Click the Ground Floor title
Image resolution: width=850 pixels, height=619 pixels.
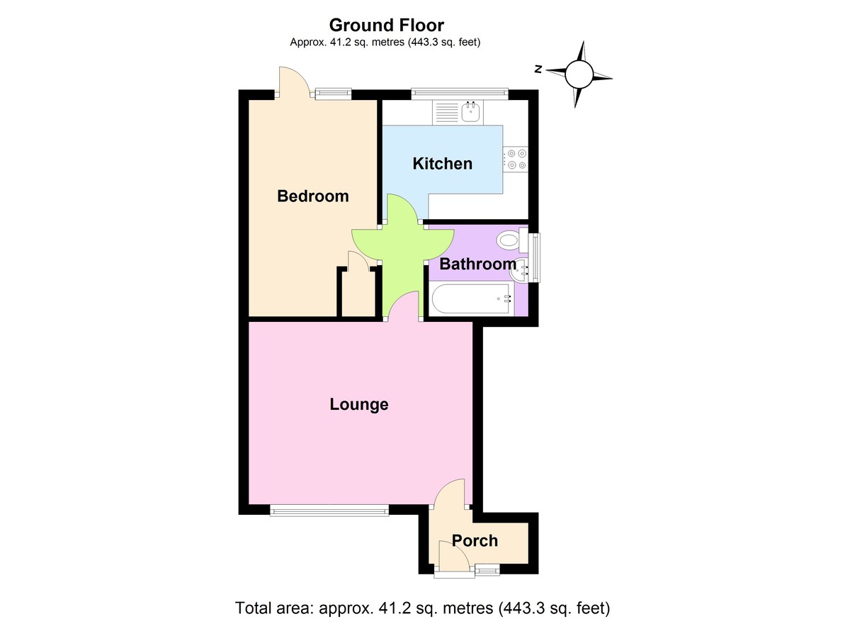click(x=386, y=26)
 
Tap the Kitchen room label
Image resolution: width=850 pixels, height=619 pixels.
click(x=442, y=164)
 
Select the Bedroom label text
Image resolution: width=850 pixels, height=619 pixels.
click(x=312, y=196)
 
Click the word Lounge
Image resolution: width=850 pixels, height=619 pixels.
click(x=359, y=405)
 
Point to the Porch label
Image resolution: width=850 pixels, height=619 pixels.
click(x=475, y=541)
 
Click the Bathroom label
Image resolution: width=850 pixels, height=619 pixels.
click(x=477, y=264)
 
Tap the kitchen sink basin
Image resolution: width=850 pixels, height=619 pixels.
click(x=470, y=111)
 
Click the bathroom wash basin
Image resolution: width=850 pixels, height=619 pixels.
click(x=523, y=269)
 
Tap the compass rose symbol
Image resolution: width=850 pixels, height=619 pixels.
click(x=579, y=73)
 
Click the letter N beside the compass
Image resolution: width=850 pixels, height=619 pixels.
click(x=538, y=69)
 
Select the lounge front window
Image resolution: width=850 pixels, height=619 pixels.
click(x=329, y=508)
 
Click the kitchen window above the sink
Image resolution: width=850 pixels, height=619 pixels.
click(x=460, y=91)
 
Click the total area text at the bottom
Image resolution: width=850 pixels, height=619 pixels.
click(x=422, y=608)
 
